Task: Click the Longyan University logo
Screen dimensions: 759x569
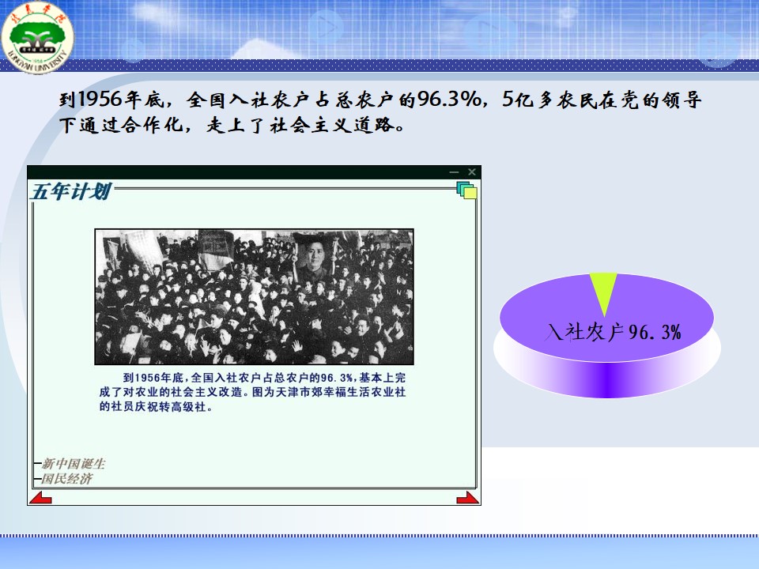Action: click(37, 37)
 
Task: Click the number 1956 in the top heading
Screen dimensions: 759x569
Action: click(100, 100)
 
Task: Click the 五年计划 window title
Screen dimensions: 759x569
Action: click(70, 191)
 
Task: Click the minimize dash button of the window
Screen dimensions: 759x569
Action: click(454, 171)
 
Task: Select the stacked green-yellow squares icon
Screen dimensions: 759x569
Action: click(466, 190)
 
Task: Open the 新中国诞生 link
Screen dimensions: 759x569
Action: click(73, 464)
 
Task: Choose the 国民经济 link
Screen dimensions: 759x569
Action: click(66, 479)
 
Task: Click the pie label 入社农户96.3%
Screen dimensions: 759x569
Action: click(614, 333)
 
